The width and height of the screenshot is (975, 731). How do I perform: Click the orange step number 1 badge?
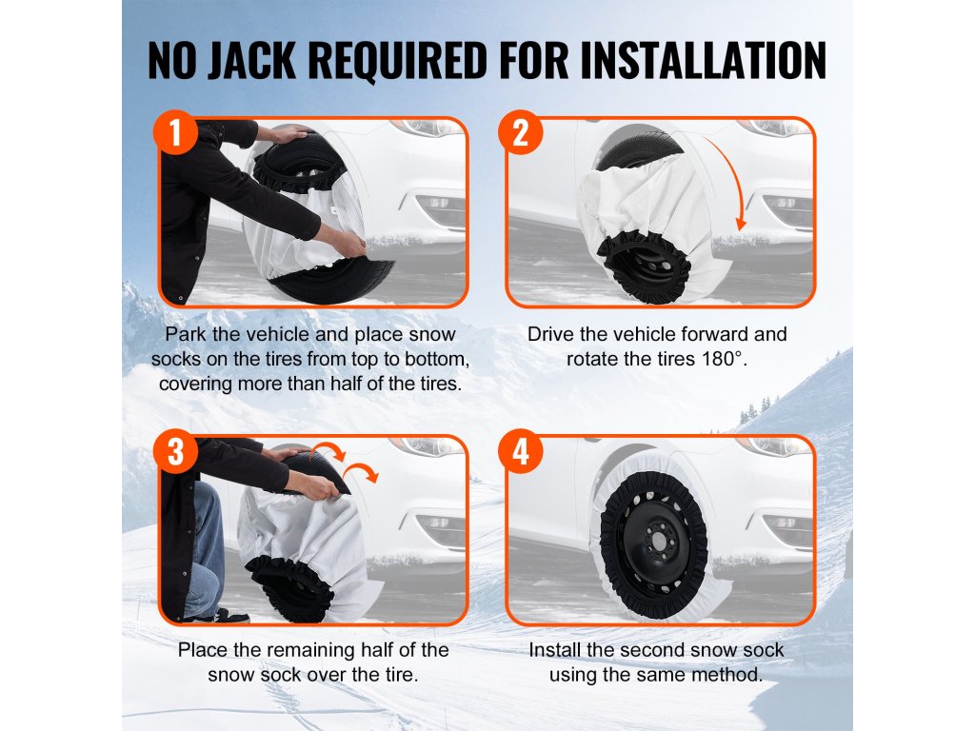point(175,132)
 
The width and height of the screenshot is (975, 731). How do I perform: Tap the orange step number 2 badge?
point(521,132)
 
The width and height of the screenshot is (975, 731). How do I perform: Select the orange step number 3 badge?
point(175,450)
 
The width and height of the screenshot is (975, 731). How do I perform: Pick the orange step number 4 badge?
point(521,450)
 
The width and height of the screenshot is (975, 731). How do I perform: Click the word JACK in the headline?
point(251,60)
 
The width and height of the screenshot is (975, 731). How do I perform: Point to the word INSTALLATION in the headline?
point(704,60)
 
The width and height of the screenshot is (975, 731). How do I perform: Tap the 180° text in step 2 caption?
point(725,359)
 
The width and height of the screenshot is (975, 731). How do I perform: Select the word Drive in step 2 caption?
point(551,334)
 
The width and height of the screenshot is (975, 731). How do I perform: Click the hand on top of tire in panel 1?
point(288,133)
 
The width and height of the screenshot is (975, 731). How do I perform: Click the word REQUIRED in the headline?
point(397,60)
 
